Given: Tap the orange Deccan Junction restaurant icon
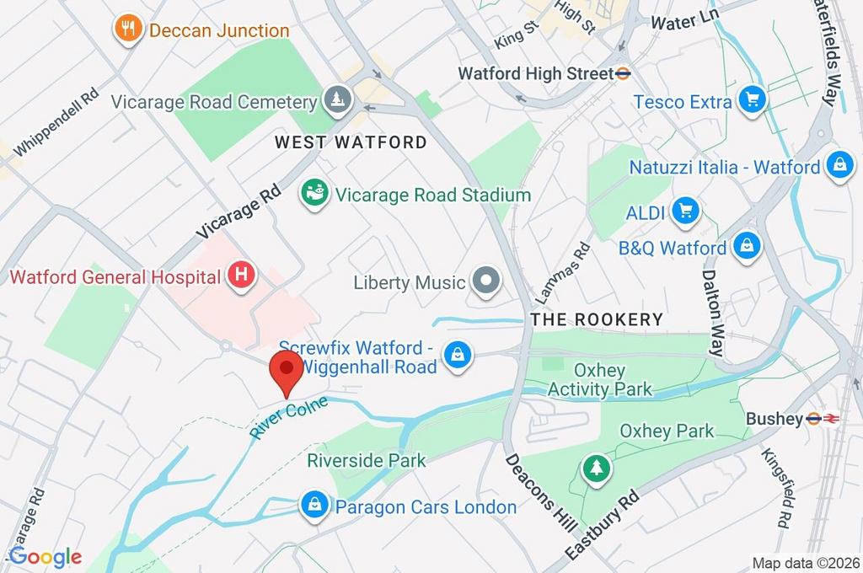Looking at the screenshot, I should (127, 29).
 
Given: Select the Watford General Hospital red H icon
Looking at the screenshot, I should (242, 276).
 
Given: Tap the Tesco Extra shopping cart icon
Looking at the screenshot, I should (751, 101).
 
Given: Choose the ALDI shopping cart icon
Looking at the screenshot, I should (684, 212).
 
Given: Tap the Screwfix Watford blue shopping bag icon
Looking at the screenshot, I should (457, 356).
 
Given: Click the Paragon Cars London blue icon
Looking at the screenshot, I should (314, 506).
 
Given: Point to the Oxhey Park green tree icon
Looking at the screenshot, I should (597, 469).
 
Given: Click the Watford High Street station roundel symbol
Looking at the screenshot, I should (624, 73).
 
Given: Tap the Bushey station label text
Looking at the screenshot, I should (774, 419).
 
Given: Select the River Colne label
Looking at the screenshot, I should (287, 416).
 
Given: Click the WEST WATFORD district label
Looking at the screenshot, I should (351, 142).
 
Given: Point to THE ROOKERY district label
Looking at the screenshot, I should (597, 319).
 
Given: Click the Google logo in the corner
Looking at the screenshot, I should (45, 556).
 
